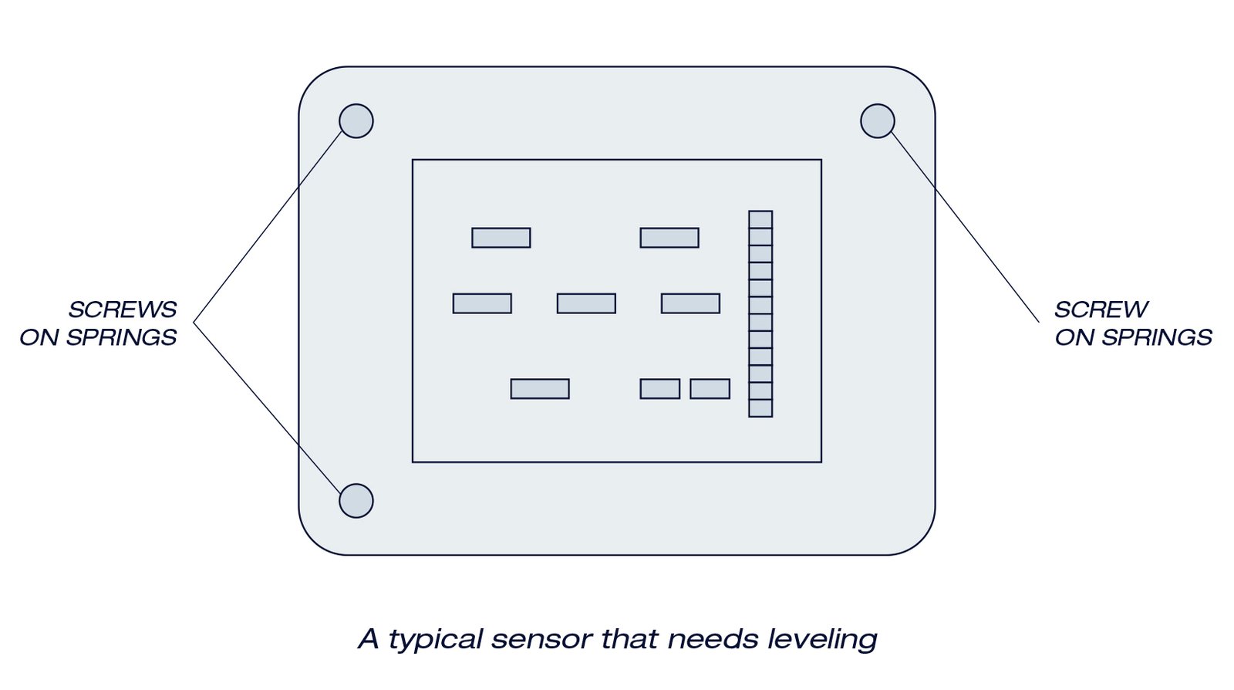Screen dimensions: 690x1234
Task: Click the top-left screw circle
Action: [356, 120]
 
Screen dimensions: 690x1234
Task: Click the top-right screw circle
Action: [877, 120]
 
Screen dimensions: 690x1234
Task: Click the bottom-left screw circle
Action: [356, 501]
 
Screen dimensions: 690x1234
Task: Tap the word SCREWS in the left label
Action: [123, 309]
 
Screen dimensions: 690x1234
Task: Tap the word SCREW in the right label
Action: [1101, 309]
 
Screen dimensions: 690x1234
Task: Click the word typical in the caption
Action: [435, 639]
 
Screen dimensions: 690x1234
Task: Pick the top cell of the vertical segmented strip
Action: [760, 219]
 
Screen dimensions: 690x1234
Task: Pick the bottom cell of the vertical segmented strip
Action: [760, 408]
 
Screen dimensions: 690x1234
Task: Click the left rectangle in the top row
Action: [501, 238]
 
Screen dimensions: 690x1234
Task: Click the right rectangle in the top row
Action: [669, 238]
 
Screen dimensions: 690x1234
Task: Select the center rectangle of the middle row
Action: [586, 303]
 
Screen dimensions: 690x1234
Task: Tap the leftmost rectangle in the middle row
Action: [482, 303]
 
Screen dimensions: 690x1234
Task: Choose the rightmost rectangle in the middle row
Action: [690, 303]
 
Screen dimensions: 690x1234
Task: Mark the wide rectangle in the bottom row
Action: [540, 389]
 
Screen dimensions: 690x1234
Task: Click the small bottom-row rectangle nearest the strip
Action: [710, 389]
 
